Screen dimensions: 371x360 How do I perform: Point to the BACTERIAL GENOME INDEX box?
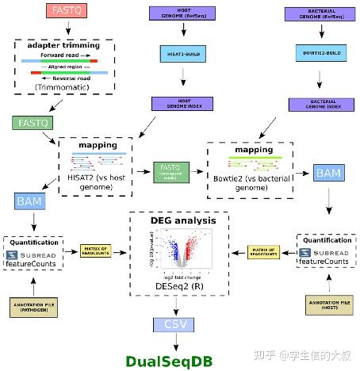point(320,105)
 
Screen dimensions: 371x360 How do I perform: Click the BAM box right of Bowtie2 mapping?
point(328,173)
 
